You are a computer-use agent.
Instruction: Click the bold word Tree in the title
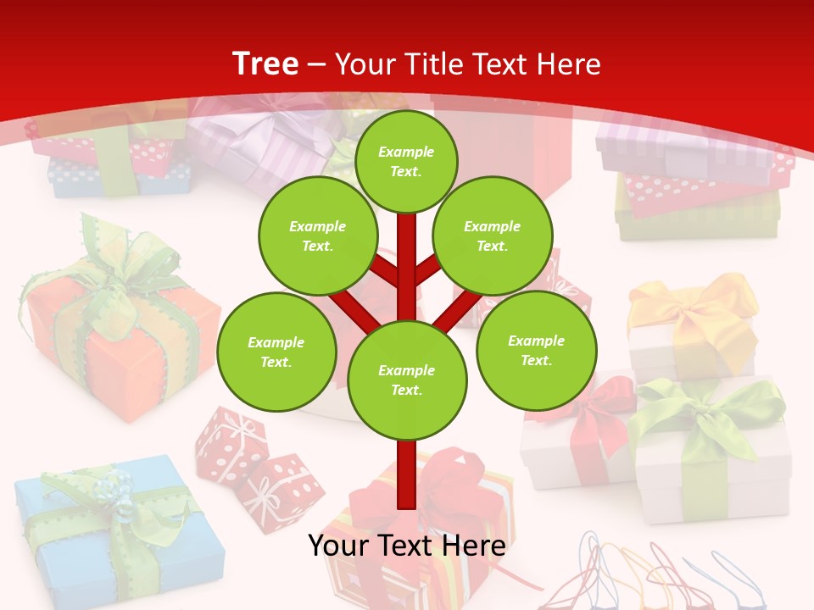tap(265, 64)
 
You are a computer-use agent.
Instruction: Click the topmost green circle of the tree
tap(406, 161)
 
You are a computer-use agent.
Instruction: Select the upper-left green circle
tap(318, 236)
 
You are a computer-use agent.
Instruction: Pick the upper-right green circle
tap(493, 236)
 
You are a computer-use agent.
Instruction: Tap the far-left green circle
tap(276, 352)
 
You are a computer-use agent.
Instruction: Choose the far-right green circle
tap(536, 349)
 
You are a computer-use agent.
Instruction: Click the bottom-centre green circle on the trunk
tap(407, 380)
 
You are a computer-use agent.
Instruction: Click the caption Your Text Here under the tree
tap(406, 546)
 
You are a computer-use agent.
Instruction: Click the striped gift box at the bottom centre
tap(424, 542)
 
